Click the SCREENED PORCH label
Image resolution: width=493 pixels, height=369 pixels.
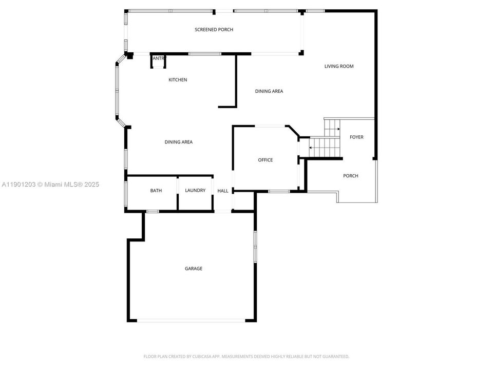214,30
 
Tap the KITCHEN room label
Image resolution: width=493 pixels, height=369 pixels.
178,80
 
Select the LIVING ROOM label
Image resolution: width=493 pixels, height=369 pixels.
339,66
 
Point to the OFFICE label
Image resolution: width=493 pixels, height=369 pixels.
265,160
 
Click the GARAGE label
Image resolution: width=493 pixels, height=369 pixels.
194,269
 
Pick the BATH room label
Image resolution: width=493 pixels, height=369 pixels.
156,191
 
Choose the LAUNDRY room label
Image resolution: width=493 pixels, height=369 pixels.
195,191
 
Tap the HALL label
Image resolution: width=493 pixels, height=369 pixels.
223,191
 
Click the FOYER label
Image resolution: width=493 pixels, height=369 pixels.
356,137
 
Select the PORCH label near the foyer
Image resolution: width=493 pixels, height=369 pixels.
351,176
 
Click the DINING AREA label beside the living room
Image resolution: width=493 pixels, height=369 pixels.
269,92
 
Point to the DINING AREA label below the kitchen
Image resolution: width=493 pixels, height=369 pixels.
179,142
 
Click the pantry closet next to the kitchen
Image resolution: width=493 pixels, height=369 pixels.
158,61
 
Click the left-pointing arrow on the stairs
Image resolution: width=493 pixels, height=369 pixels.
312,148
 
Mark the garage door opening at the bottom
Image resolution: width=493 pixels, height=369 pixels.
191,321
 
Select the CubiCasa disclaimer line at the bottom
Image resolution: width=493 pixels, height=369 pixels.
246,356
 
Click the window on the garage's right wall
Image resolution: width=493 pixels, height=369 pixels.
255,247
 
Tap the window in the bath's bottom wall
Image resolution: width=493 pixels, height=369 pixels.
153,211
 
